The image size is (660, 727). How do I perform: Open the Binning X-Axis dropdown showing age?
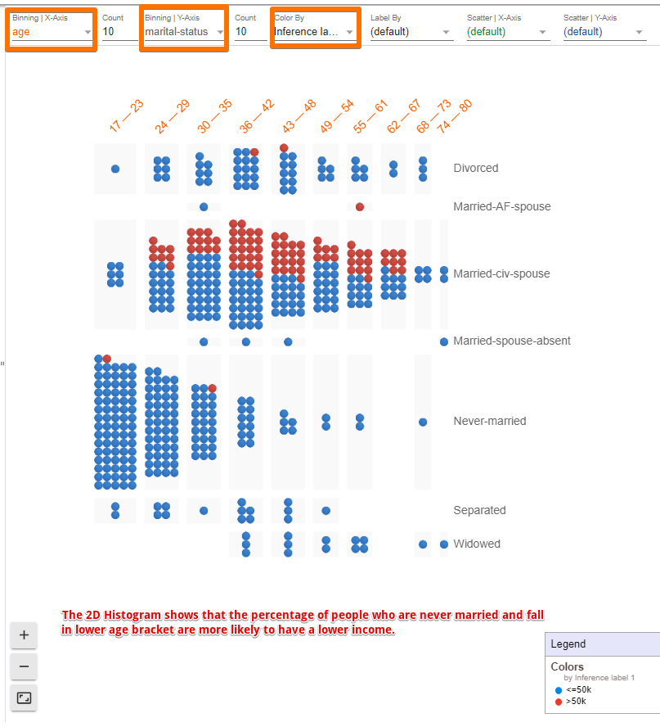(x=52, y=32)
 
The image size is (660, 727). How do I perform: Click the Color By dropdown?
(x=315, y=32)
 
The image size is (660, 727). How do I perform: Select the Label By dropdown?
(x=411, y=32)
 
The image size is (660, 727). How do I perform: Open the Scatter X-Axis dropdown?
(x=507, y=32)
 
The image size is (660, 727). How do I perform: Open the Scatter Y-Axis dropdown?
(x=604, y=32)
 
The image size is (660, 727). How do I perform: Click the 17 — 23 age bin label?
(x=126, y=116)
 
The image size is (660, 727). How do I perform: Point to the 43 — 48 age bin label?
(x=299, y=116)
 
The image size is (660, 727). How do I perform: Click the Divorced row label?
(x=475, y=168)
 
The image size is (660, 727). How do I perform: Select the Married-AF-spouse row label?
(x=501, y=206)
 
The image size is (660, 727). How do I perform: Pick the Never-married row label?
(x=489, y=421)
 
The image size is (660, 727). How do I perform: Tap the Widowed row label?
(x=477, y=544)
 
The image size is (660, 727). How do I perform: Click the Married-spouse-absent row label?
(x=512, y=341)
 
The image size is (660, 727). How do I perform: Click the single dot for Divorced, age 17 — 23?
(x=115, y=169)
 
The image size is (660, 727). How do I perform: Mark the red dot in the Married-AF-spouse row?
(x=360, y=206)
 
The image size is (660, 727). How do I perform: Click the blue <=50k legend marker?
(x=559, y=690)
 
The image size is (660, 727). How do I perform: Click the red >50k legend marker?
(x=559, y=702)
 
